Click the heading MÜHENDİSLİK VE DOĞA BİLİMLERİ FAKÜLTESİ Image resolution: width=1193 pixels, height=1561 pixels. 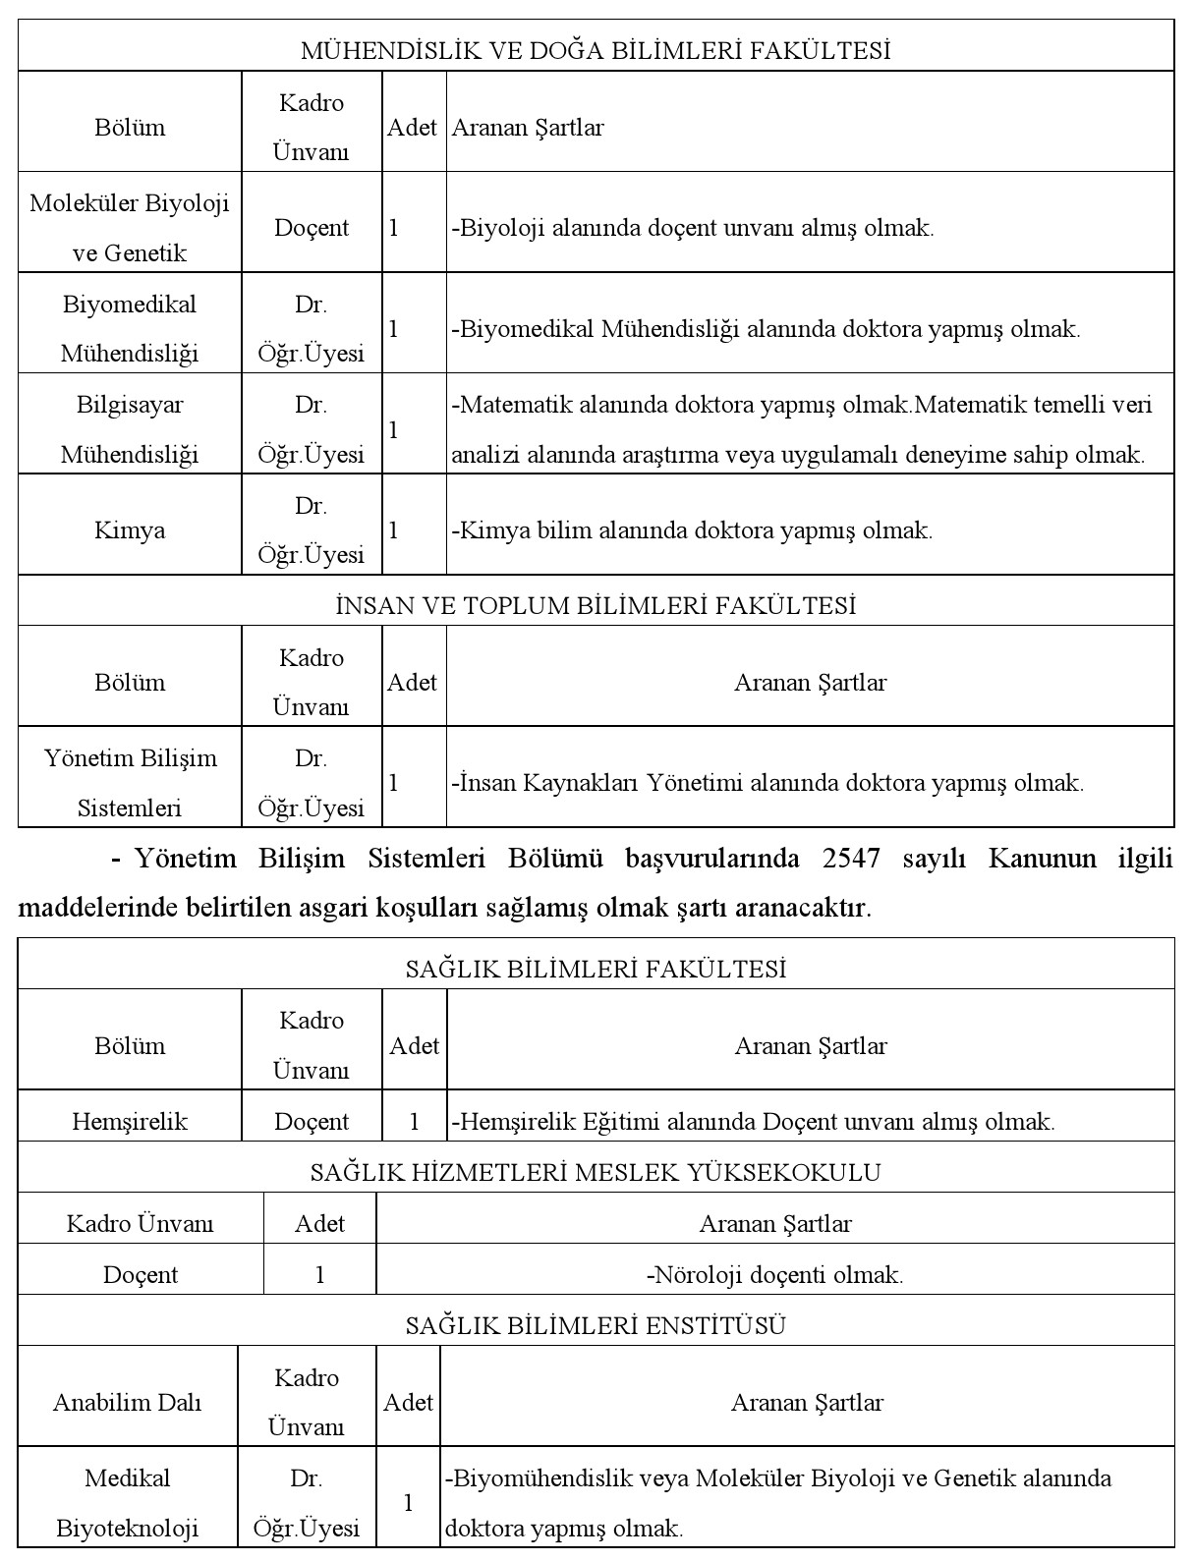pyautogui.click(x=596, y=50)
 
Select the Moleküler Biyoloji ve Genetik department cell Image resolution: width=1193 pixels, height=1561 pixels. pyautogui.click(x=130, y=228)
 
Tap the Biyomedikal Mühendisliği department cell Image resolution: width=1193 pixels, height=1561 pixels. pyautogui.click(x=130, y=328)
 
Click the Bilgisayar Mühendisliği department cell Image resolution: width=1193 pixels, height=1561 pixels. pyautogui.click(x=130, y=429)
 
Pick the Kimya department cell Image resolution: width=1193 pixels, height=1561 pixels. pyautogui.click(x=130, y=530)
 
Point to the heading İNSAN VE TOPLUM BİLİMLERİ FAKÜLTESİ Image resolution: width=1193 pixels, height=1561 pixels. pyautogui.click(x=596, y=605)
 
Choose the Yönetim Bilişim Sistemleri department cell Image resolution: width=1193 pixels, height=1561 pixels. pyautogui.click(x=130, y=783)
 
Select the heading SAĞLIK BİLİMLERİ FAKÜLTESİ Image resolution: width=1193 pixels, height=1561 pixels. pyautogui.click(x=596, y=969)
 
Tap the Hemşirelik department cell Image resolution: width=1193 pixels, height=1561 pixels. pyautogui.click(x=130, y=1121)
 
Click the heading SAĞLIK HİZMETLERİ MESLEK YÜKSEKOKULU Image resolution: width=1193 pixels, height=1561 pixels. pyautogui.click(x=596, y=1172)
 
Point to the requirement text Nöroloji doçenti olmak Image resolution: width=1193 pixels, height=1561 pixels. pyautogui.click(x=775, y=1275)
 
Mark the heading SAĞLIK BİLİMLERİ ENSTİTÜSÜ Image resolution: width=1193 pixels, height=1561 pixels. pyautogui.click(x=596, y=1325)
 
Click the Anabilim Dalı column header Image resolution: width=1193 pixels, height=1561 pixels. pyautogui.click(x=127, y=1402)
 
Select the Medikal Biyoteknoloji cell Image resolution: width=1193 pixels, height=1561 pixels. pyautogui.click(x=127, y=1503)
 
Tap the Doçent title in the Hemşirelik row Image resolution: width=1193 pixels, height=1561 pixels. pyautogui.click(x=312, y=1121)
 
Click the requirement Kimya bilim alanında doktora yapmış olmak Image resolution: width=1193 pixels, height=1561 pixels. pyautogui.click(x=692, y=530)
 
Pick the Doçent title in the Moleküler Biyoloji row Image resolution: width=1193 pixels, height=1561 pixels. pyautogui.click(x=312, y=228)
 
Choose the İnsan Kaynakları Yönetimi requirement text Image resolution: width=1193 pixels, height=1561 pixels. pyautogui.click(x=767, y=783)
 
